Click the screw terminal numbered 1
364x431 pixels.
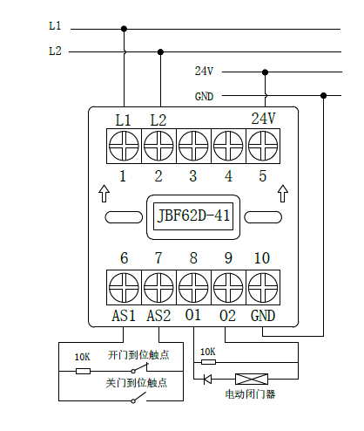124,146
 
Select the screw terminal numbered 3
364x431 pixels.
193,146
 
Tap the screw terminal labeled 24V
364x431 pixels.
263,146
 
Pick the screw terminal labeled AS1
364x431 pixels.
124,287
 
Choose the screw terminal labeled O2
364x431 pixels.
228,287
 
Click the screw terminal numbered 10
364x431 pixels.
263,287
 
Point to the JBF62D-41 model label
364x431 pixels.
193,216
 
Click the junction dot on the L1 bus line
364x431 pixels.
124,29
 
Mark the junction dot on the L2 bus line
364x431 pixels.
160,52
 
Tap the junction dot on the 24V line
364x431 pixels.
265,72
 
